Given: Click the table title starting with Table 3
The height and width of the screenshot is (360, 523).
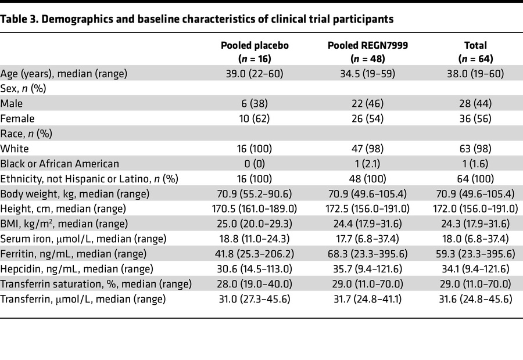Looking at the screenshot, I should (197, 19).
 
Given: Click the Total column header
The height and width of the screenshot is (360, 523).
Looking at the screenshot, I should (479, 52).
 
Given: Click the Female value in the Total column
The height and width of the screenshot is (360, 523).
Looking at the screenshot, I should (479, 118).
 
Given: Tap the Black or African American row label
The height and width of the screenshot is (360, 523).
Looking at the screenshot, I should (59, 164).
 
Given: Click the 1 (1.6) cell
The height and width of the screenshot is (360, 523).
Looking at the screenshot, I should (479, 164).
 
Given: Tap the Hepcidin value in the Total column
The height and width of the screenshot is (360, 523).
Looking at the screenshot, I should (479, 269).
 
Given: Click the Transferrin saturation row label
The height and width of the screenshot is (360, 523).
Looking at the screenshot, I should (96, 284).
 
